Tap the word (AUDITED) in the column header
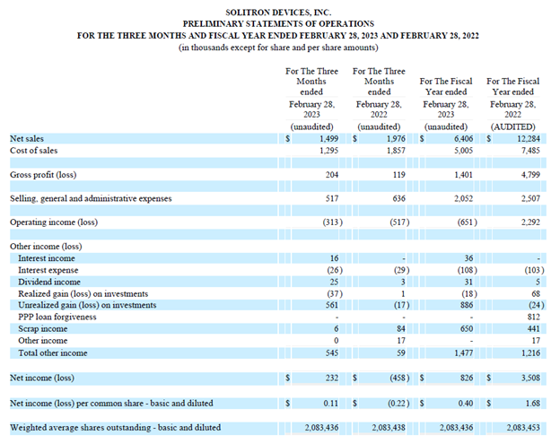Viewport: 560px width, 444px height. coord(511,127)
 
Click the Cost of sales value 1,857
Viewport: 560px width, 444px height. coord(394,151)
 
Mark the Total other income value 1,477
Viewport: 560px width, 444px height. coord(462,353)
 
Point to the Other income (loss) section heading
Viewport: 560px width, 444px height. coord(46,246)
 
